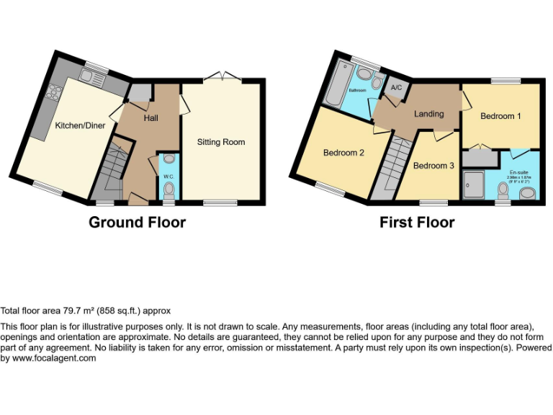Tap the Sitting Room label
click(x=221, y=142)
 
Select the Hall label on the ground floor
click(x=150, y=118)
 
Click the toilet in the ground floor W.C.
click(x=169, y=189)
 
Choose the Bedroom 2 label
click(x=343, y=153)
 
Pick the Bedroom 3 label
click(x=433, y=166)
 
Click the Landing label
click(x=428, y=114)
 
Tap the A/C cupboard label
click(x=396, y=88)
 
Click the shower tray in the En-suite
click(x=475, y=183)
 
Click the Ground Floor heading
click(x=137, y=222)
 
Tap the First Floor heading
click(x=417, y=222)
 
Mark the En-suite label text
click(x=518, y=172)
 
